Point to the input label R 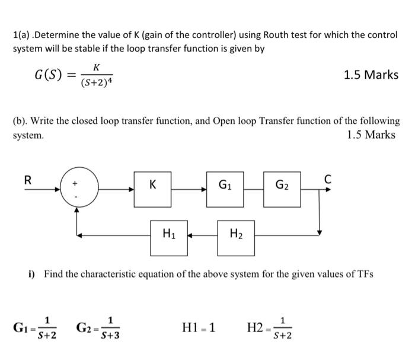click(27, 179)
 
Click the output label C click(328, 178)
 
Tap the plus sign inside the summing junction click(75, 184)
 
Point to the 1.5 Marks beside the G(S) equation click(371, 75)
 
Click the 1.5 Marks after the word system click(371, 135)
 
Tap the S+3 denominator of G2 click(110, 336)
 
